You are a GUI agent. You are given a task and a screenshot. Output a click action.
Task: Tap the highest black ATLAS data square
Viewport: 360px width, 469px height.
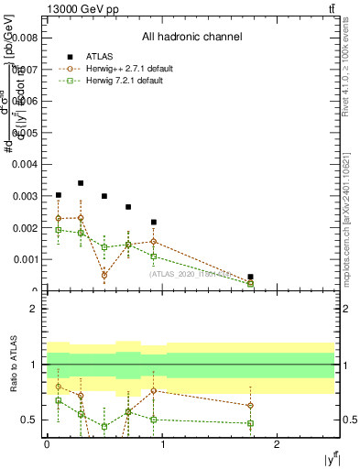[81, 183]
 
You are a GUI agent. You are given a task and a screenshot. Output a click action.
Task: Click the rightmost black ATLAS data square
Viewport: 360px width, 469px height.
[250, 277]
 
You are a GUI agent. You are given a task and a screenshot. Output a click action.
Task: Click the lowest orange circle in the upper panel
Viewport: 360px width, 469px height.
[104, 275]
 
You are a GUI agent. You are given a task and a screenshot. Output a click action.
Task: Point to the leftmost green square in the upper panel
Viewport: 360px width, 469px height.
[59, 230]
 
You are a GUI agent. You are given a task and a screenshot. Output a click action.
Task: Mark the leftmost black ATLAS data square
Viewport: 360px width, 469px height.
[59, 195]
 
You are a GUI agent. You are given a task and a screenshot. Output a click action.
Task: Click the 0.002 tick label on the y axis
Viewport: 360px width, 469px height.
[27, 227]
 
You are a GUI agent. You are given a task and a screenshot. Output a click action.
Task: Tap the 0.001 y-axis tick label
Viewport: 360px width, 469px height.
[27, 259]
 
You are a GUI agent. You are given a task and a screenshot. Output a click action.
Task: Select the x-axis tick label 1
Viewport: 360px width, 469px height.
[162, 443]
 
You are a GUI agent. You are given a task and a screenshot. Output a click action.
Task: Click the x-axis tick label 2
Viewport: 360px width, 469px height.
[278, 443]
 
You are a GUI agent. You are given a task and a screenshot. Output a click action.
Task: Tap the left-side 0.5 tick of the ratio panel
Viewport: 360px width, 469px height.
[31, 420]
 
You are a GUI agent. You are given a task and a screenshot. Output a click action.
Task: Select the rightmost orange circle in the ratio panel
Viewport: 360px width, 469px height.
[250, 406]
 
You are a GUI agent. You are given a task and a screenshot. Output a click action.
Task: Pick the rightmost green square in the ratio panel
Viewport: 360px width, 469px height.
[250, 423]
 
